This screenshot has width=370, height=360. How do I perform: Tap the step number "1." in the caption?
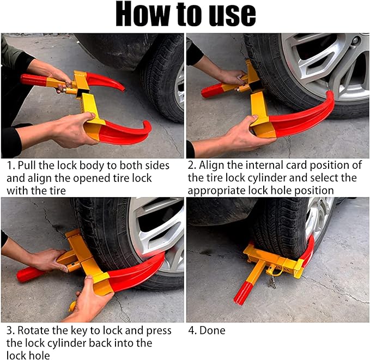coord(10,166)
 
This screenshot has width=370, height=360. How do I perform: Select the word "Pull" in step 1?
coord(26,166)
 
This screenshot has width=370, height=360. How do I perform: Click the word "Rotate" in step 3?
coord(33,331)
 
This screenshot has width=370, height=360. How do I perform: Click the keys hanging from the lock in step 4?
coord(272,282)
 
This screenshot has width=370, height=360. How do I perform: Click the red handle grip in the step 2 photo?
coord(212,90)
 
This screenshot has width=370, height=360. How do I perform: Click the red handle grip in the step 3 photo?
coord(31,274)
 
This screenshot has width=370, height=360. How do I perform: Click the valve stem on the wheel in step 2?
coord(355,41)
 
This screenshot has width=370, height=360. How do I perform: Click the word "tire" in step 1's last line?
coord(57,190)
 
